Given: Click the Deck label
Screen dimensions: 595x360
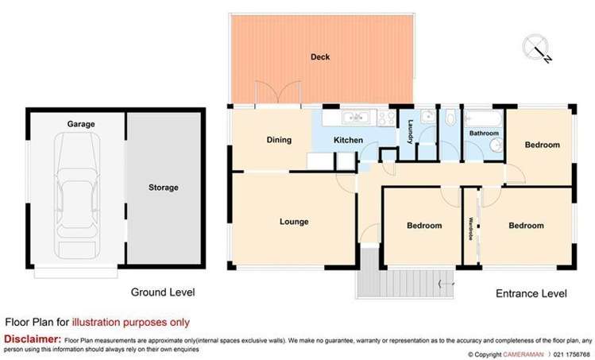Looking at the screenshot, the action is tap(320, 57).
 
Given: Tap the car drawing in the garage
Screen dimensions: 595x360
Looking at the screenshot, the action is tap(77, 195).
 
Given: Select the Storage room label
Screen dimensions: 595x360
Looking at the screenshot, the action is tap(163, 188).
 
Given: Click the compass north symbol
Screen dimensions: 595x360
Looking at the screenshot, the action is tap(536, 48).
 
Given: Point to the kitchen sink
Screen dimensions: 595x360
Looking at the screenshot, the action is tap(355, 118).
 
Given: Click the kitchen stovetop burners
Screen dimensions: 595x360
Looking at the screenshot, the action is tap(386, 118).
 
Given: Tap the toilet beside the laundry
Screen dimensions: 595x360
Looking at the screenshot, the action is tap(450, 118).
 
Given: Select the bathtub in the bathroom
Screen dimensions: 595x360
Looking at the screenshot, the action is tap(483, 118).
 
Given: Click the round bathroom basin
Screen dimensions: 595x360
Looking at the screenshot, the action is tap(496, 145).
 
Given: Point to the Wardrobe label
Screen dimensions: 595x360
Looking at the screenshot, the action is tap(470, 229).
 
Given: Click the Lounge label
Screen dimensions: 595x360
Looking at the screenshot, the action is tap(294, 222).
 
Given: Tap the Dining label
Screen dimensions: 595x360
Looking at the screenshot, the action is tap(279, 140).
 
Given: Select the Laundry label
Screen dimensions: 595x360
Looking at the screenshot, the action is tap(410, 132).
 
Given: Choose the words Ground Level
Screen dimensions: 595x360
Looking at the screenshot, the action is tap(163, 292).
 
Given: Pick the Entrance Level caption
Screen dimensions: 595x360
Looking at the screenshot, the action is tap(531, 293).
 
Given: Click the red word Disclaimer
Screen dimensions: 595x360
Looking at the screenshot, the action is tap(33, 339).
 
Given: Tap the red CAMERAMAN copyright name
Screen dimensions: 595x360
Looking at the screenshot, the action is tap(523, 354).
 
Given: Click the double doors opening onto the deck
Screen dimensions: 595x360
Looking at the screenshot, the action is tap(278, 93).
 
